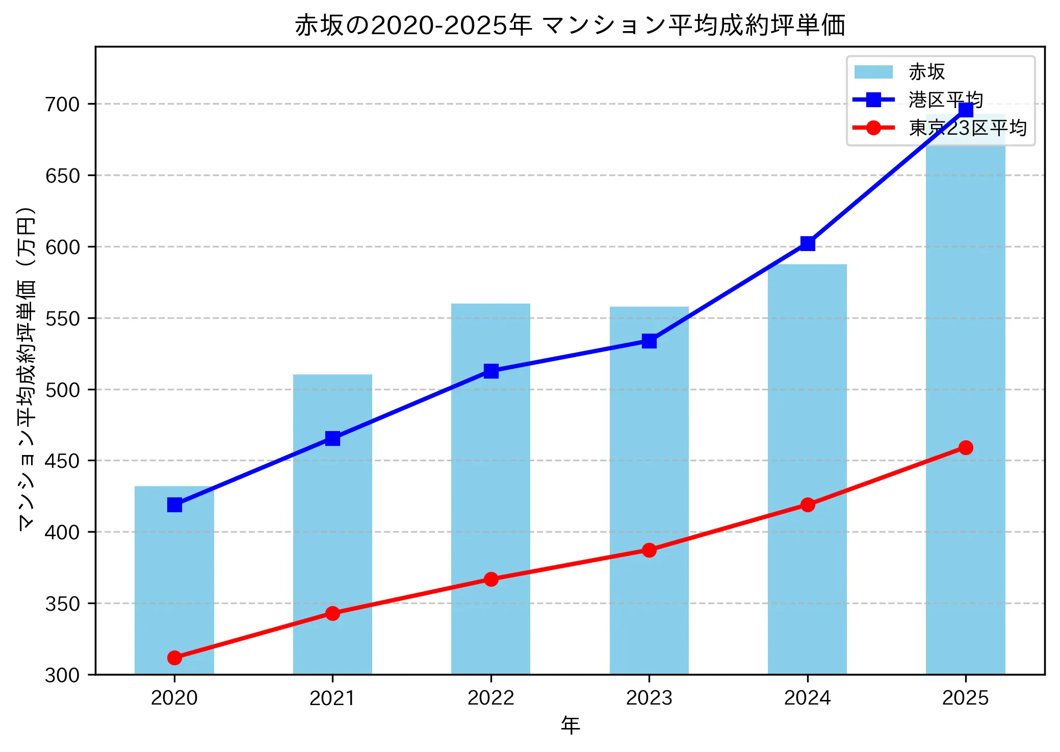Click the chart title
[570, 26]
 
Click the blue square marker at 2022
[491, 371]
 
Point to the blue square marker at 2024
[808, 243]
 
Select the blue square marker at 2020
[174, 505]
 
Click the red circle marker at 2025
[966, 447]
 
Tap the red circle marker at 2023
[649, 550]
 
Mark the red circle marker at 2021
[332, 613]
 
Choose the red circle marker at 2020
[174, 658]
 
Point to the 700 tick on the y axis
[63, 104]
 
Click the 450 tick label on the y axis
[63, 461]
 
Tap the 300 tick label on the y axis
[63, 675]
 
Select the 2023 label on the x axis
[649, 698]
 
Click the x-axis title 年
[570, 725]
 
